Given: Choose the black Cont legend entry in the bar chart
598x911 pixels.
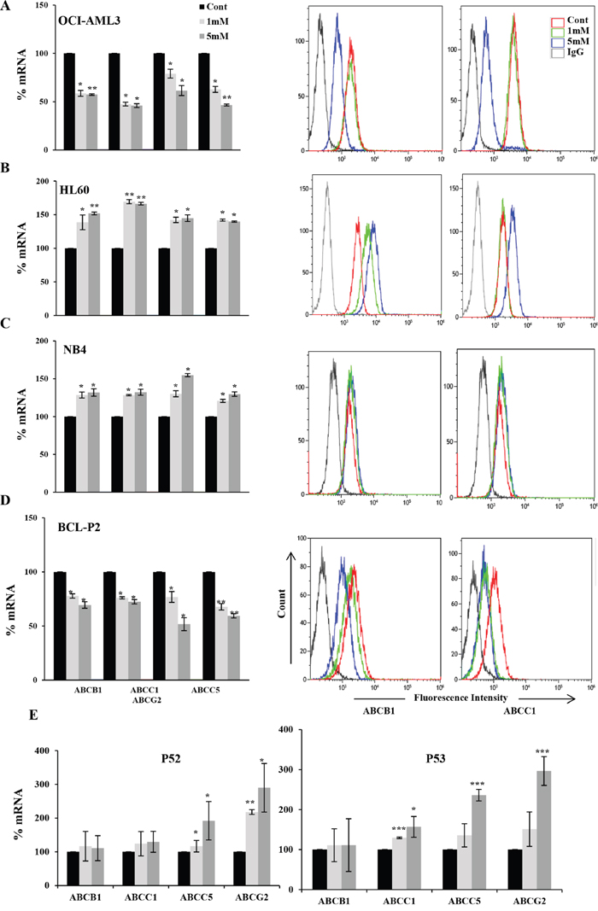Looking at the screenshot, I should pyautogui.click(x=200, y=10).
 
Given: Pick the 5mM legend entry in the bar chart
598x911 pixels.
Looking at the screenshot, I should pyautogui.click(x=200, y=35).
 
